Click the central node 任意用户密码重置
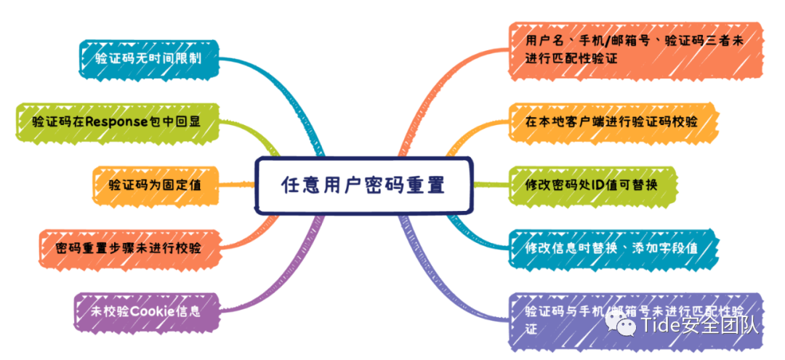point(363,185)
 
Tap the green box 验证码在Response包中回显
point(116,121)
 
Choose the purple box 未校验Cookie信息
point(146,311)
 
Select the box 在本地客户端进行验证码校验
point(611,121)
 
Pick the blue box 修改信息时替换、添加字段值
point(611,248)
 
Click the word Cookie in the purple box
point(149,311)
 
